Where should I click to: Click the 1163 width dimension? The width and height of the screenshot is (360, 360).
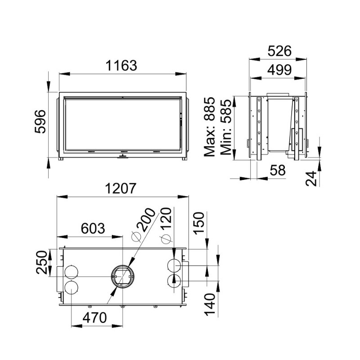point(121,65)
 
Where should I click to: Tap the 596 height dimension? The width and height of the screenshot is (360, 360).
point(40,121)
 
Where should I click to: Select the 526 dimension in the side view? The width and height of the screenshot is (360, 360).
point(279,51)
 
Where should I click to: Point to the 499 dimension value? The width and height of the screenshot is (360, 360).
point(279,70)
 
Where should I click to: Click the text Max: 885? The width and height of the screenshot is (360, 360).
point(210,127)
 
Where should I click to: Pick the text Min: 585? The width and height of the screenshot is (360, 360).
point(226,127)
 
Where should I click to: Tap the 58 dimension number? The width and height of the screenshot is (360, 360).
point(278,170)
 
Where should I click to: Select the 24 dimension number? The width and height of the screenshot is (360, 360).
point(311,178)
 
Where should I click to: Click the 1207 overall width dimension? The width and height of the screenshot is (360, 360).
point(121,189)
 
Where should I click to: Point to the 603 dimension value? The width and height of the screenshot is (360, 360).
point(93,229)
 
